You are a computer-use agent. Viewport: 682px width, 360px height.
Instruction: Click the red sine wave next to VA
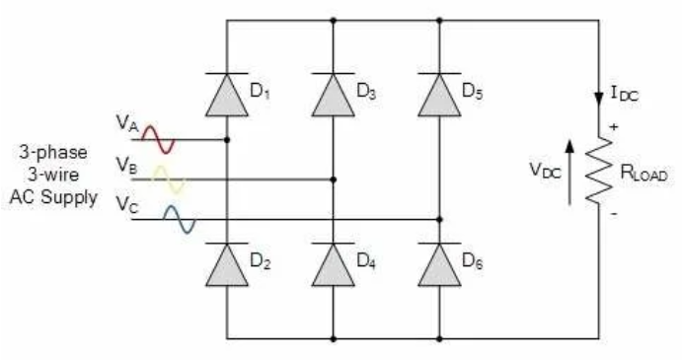coord(159,140)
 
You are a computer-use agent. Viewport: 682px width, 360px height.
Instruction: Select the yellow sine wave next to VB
coord(169,180)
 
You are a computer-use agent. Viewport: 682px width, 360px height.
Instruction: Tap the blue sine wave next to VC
coord(180,219)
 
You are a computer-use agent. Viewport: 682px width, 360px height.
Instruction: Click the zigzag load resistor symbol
coord(599,171)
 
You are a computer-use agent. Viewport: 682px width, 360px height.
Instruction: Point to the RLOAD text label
coord(644,173)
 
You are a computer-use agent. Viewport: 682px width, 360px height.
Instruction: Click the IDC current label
coord(625,94)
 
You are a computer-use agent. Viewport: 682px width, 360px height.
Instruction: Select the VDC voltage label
coord(545,170)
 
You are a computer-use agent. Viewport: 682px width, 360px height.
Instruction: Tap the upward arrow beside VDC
coord(569,173)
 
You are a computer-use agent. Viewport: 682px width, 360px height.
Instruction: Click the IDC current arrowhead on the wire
coord(599,100)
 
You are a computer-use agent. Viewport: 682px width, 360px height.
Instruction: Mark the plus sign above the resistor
coord(614,127)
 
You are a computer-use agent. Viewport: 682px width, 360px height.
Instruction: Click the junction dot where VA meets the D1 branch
coord(227,140)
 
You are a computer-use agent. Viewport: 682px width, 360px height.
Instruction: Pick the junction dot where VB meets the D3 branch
coord(334,180)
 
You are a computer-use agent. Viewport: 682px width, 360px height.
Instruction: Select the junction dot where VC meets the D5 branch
coord(439,219)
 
